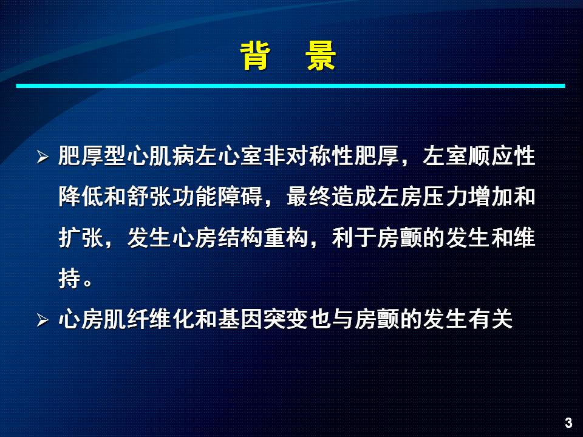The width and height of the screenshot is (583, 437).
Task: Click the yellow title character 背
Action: click(x=255, y=56)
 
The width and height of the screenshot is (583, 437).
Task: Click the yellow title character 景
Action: click(x=321, y=56)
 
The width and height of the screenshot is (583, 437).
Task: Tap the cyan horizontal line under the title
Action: click(x=290, y=86)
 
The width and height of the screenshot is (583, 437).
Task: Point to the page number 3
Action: click(x=568, y=422)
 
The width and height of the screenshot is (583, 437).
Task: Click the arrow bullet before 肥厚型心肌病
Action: click(x=43, y=157)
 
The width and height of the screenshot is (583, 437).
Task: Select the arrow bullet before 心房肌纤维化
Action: click(x=43, y=320)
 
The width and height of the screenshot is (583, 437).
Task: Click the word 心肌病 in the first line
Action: click(x=160, y=156)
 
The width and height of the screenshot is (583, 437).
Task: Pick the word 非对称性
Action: click(x=309, y=156)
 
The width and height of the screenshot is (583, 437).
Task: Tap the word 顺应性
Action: click(x=502, y=156)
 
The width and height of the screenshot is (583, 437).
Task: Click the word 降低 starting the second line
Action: click(x=81, y=197)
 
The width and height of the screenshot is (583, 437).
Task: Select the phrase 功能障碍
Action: click(x=217, y=197)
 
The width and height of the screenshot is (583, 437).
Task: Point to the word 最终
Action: click(x=309, y=197)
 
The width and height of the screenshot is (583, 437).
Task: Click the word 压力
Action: click(x=445, y=197)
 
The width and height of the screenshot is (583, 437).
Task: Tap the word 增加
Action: click(x=490, y=197)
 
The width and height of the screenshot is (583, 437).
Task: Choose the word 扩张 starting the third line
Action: click(x=81, y=238)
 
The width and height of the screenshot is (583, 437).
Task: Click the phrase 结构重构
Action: click(x=263, y=238)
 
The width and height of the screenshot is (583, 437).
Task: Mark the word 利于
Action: click(x=354, y=238)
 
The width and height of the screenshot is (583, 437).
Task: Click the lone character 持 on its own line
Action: click(x=70, y=279)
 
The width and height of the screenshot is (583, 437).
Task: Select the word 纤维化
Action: click(x=160, y=319)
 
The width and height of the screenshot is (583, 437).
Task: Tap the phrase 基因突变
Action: click(x=263, y=319)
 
